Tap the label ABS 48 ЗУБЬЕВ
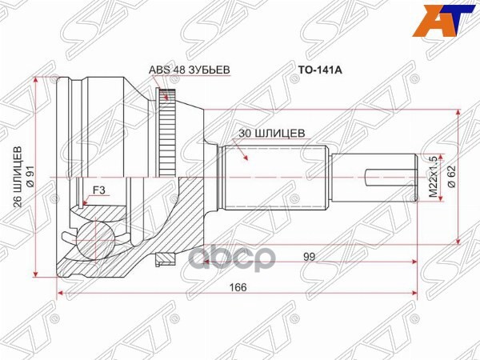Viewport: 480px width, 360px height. (189, 70)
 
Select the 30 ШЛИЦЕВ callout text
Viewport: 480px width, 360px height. (272, 134)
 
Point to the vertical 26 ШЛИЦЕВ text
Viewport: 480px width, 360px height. (18, 179)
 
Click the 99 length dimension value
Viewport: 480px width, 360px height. (308, 258)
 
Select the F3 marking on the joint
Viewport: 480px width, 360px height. (99, 190)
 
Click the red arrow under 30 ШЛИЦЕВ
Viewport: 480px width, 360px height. (248, 153)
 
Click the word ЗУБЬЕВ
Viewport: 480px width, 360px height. (210, 70)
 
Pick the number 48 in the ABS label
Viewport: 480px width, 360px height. (180, 70)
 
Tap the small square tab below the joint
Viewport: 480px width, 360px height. (166, 257)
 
